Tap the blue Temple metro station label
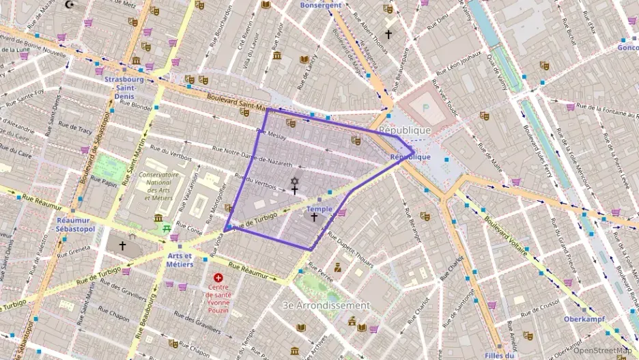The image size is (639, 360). (319, 209)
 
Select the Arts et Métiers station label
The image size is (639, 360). (180, 260)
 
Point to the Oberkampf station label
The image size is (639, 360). (585, 319)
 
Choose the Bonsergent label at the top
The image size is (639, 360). (321, 5)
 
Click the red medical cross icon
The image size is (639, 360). (218, 278)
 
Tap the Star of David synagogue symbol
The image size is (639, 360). (295, 181)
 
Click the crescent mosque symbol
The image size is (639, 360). (68, 4)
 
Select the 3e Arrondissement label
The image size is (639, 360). (326, 305)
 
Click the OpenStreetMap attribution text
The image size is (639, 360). (603, 350)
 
